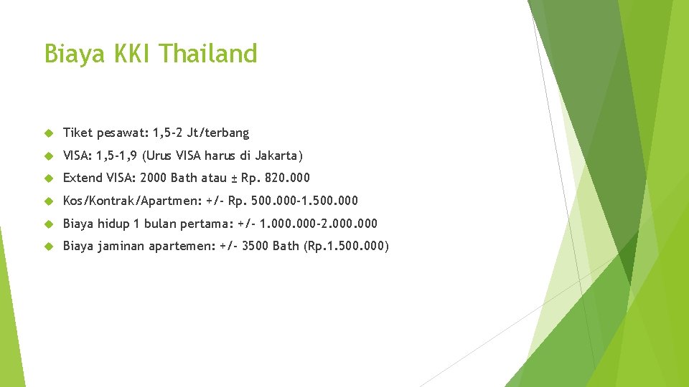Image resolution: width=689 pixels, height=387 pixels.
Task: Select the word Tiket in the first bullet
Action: click(75, 133)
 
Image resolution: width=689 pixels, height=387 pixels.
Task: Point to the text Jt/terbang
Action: click(217, 133)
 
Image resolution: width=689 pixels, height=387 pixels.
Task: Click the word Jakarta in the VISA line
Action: click(278, 156)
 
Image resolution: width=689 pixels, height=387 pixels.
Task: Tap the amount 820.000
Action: click(287, 178)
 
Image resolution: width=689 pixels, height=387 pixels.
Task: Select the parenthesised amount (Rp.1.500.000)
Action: click(347, 247)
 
